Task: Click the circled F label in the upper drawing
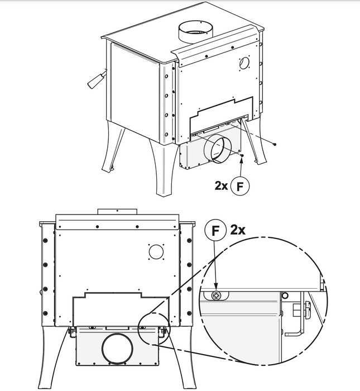(x=240, y=186)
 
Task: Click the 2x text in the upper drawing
(x=221, y=185)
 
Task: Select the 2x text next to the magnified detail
(x=238, y=230)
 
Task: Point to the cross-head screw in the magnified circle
(x=215, y=296)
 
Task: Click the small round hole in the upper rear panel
(x=244, y=63)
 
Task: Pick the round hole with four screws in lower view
(x=156, y=251)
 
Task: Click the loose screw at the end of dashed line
(x=274, y=144)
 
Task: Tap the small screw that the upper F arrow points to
(x=242, y=155)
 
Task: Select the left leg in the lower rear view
(x=54, y=356)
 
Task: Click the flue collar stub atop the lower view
(x=117, y=212)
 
